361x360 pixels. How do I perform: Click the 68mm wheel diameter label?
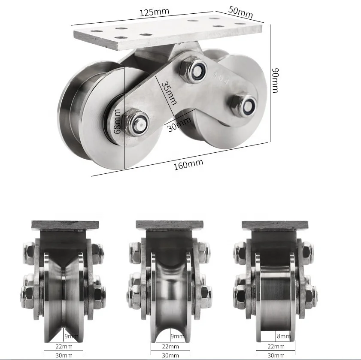coord(117,121)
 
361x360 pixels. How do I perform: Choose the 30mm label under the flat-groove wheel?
coord(276,355)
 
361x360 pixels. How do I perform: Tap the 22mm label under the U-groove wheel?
coord(170,346)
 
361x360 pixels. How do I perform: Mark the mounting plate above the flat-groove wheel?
coord(275,225)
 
